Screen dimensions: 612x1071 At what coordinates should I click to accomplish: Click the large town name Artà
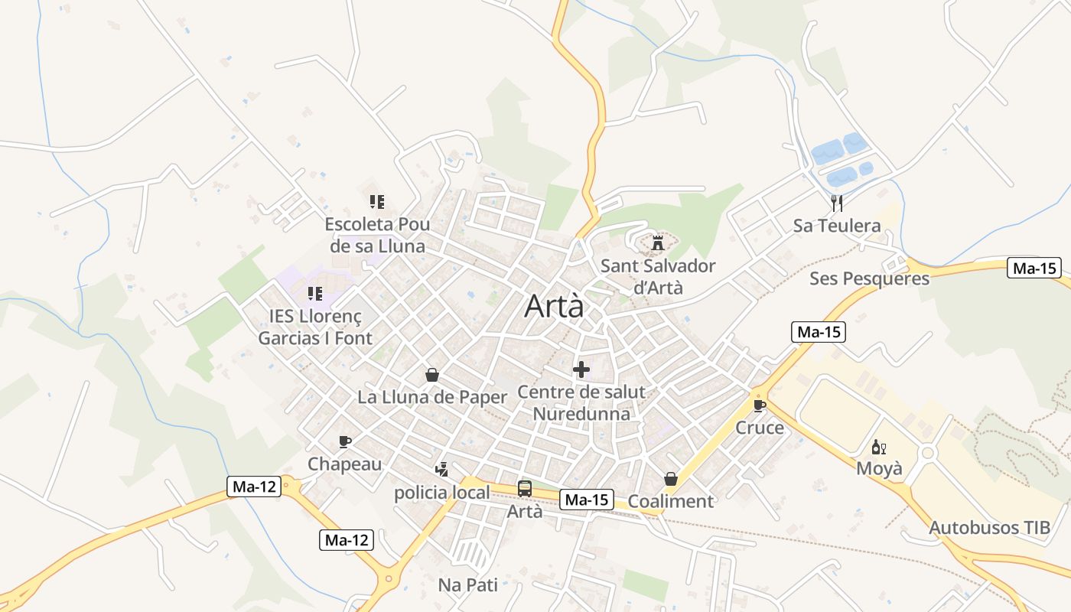pos(554,306)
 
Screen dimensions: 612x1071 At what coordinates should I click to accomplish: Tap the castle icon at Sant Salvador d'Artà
pos(657,244)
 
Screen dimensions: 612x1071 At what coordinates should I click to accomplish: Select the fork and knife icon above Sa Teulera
pos(837,203)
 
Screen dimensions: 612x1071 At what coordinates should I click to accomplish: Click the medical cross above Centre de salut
pos(581,370)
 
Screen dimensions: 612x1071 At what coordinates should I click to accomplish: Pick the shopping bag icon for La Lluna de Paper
pos(432,375)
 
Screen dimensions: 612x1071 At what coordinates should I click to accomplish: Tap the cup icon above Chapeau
pos(345,441)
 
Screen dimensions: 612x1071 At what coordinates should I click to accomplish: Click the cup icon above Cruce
pos(759,405)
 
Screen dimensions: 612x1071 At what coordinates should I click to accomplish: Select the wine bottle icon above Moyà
pos(878,447)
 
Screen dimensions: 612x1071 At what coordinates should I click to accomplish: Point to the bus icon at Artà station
pos(525,488)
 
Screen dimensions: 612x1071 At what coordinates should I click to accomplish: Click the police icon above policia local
pos(441,469)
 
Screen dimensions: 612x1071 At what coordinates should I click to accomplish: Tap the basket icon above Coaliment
pos(671,479)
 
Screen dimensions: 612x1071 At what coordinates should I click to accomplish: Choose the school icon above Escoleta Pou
pos(376,202)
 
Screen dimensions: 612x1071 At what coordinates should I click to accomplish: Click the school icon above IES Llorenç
pos(314,293)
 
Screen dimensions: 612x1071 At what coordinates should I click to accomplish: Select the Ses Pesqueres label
pos(869,278)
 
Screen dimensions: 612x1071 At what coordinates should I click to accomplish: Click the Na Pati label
pos(467,585)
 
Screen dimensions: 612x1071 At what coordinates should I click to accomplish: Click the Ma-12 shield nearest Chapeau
pos(254,486)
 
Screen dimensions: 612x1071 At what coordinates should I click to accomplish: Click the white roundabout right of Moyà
pos(928,453)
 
